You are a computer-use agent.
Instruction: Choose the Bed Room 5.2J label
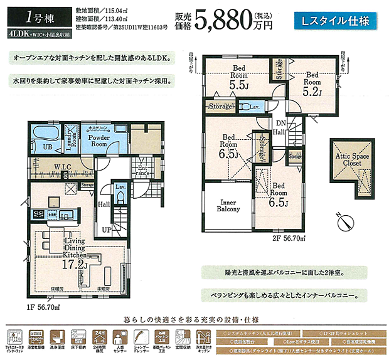(x=312, y=85)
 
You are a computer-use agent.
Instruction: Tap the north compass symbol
(x=341, y=220)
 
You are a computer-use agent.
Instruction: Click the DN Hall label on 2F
(x=280, y=127)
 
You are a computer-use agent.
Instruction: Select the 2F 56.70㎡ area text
(x=287, y=239)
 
